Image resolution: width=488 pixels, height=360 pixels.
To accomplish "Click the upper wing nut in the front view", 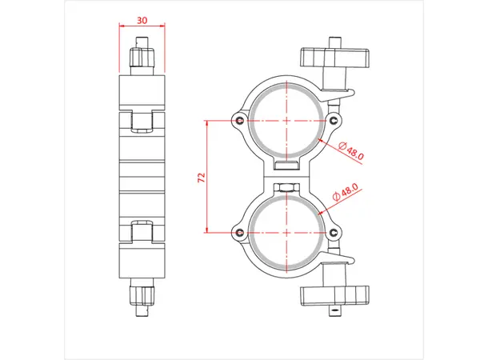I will (336, 58).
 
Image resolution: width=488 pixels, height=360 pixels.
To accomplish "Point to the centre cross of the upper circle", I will (286, 120).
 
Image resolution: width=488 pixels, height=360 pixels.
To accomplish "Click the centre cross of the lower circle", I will (286, 232).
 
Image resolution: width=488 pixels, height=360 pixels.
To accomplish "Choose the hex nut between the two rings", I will (286, 186).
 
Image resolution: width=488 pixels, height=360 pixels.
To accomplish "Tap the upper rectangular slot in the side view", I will (142, 121).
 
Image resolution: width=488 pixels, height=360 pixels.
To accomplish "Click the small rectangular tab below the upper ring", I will (286, 164).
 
